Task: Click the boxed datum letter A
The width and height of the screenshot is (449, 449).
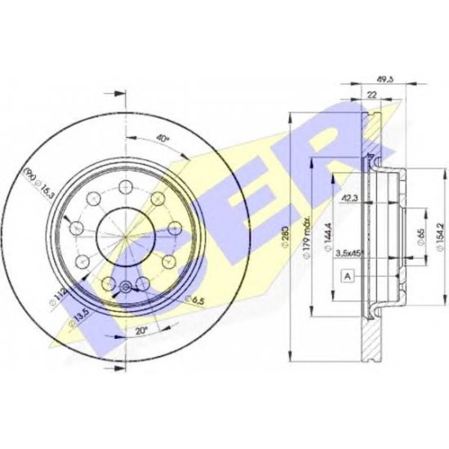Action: pyautogui.click(x=349, y=278)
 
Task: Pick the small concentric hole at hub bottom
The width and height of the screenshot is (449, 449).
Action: pyautogui.click(x=125, y=286)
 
